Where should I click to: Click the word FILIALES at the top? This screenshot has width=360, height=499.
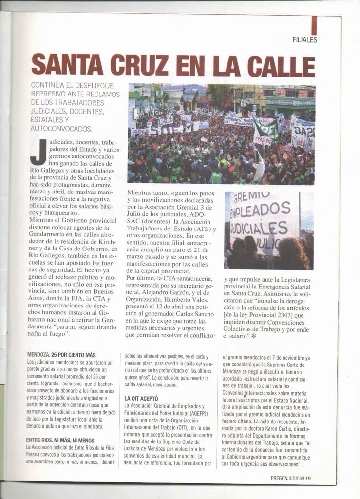pyautogui.click(x=304, y=40)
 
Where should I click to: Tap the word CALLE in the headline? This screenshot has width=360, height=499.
pyautogui.click(x=281, y=66)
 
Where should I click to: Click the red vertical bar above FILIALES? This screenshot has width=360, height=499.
pyautogui.click(x=314, y=25)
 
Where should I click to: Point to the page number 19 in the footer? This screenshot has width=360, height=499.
pyautogui.click(x=308, y=478)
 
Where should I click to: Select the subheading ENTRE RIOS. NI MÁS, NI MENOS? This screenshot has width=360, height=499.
pyautogui.click(x=60, y=440)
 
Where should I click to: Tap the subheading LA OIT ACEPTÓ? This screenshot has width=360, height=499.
pyautogui.click(x=141, y=398)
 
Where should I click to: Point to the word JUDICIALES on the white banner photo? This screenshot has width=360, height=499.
pyautogui.click(x=259, y=228)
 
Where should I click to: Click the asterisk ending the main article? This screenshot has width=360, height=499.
pyautogui.click(x=253, y=336)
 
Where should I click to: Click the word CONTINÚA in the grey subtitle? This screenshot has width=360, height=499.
pyautogui.click(x=47, y=85)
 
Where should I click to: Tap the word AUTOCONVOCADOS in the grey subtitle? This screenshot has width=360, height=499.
pyautogui.click(x=61, y=129)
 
